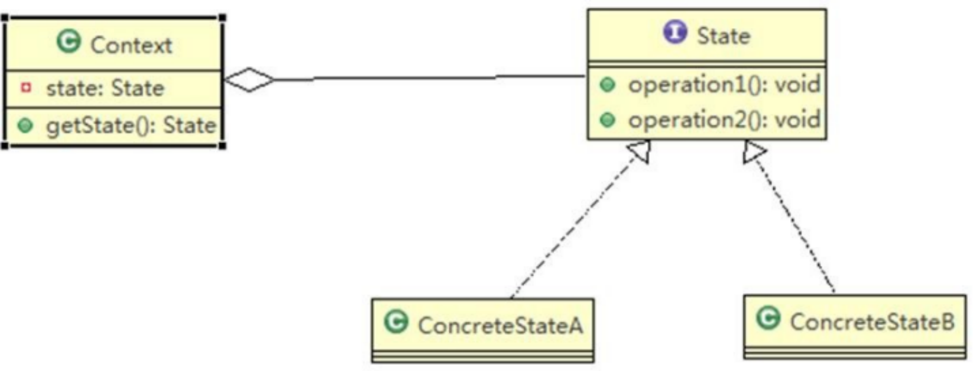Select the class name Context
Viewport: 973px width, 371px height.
coord(131,46)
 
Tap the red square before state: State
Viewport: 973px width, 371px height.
coord(26,88)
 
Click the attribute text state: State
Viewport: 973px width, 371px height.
coord(105,88)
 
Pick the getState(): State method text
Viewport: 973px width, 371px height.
coord(131,126)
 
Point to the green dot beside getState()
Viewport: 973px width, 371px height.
coord(25,126)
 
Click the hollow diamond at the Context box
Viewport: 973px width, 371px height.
coord(249,80)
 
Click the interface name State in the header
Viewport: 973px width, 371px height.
coord(723,36)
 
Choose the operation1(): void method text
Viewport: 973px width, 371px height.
coord(724,85)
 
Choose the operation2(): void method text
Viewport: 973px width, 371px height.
coord(724,120)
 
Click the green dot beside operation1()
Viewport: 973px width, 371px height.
coord(607,85)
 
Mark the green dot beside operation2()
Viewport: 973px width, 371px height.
coord(607,120)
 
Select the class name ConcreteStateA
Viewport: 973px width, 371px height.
coord(500,326)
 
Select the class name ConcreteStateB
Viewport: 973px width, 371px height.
coord(872,322)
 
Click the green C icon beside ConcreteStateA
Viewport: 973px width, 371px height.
coord(396,322)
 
